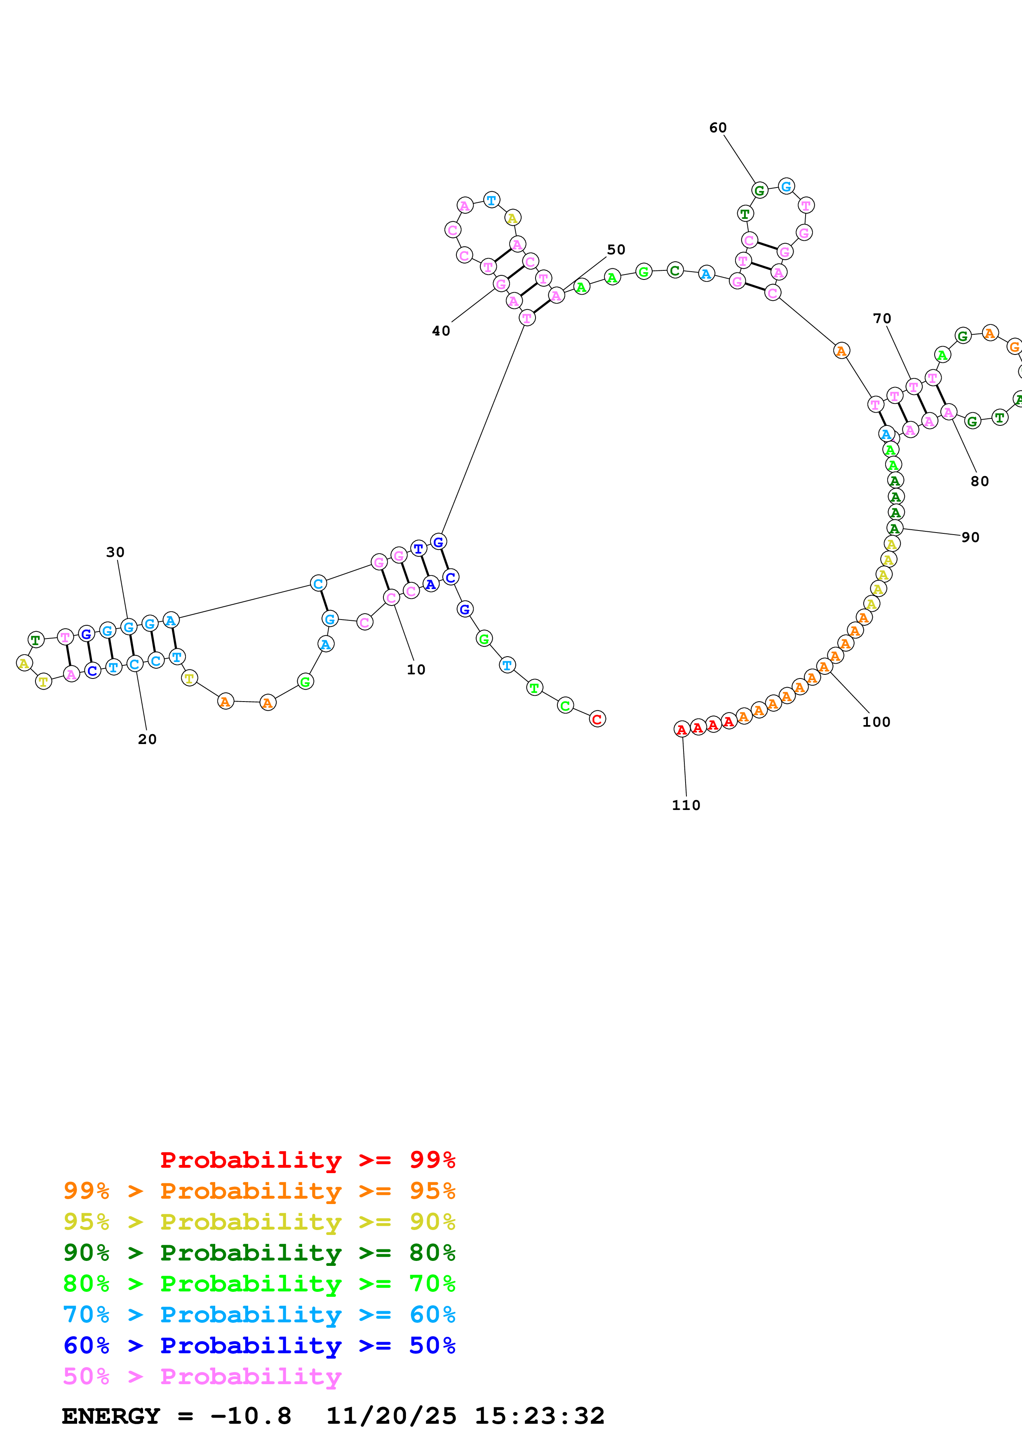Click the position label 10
pyautogui.click(x=416, y=669)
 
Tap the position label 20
pyautogui.click(x=147, y=739)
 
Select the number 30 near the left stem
pyautogui.click(x=115, y=552)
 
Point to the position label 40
pyautogui.click(x=441, y=331)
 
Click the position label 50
pyautogui.click(x=616, y=250)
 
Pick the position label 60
pyautogui.click(x=718, y=128)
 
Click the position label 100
pyautogui.click(x=876, y=722)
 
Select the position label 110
pyautogui.click(x=686, y=805)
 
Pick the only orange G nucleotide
pyautogui.click(x=1014, y=346)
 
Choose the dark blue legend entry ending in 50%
pyautogui.click(x=259, y=1345)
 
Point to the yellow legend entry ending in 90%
pyautogui.click(x=259, y=1221)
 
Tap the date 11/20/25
pyautogui.click(x=391, y=1416)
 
